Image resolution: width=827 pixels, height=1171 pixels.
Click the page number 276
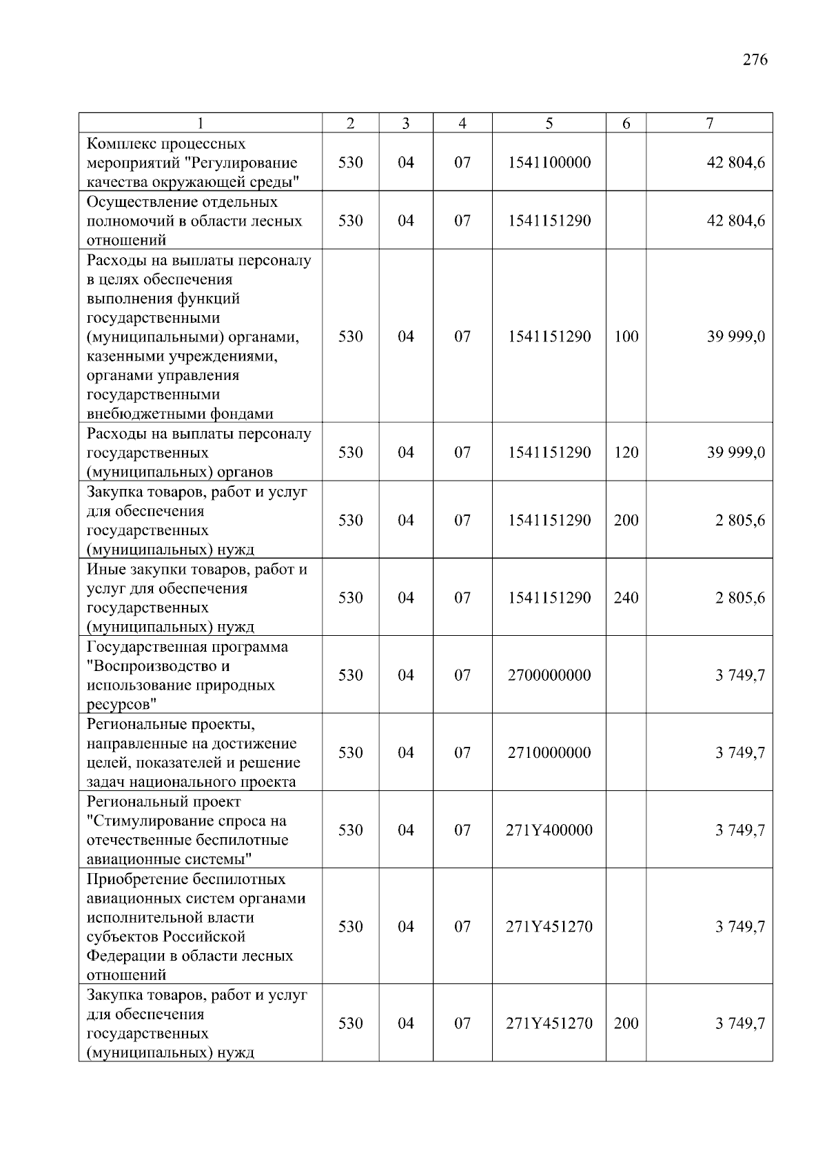point(755,59)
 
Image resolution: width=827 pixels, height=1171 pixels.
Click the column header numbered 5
point(549,123)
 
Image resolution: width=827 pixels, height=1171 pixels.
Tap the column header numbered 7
point(709,123)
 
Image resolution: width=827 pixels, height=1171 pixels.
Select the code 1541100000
point(549,163)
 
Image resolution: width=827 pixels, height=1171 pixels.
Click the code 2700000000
point(549,675)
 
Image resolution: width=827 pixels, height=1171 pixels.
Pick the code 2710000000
point(549,752)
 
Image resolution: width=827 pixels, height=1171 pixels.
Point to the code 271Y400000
point(549,830)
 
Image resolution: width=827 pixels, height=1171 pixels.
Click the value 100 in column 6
point(626,337)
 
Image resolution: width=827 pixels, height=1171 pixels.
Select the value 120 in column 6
point(626,452)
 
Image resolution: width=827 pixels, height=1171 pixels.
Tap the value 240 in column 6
point(626,598)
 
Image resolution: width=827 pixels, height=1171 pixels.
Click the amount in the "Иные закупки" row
point(739,598)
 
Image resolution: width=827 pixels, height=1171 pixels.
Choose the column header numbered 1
point(200,123)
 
